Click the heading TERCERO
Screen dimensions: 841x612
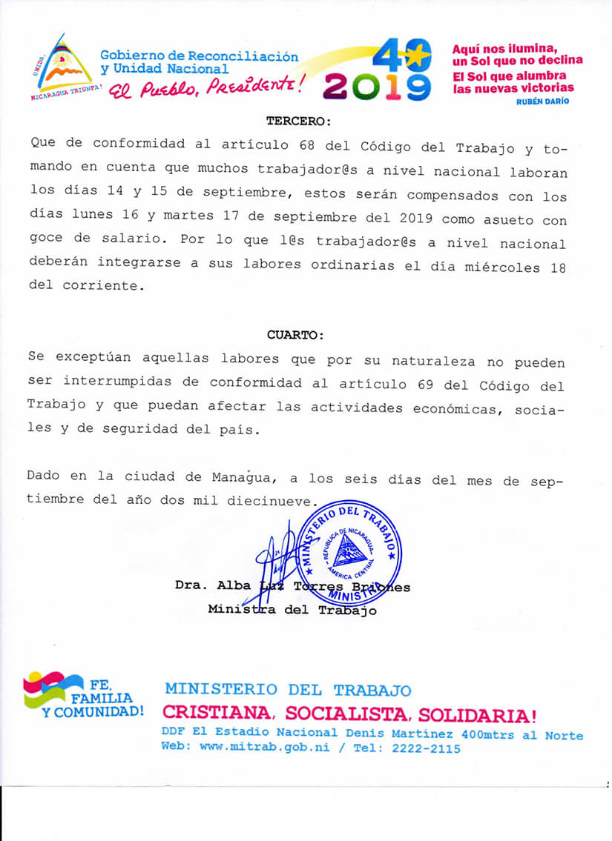pyautogui.click(x=299, y=120)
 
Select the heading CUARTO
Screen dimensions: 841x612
pyautogui.click(x=295, y=335)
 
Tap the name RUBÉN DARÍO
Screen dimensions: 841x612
pyautogui.click(x=543, y=102)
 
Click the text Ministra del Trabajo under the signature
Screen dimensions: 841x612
pyautogui.click(x=292, y=611)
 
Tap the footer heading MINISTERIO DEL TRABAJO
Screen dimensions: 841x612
pyautogui.click(x=288, y=690)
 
